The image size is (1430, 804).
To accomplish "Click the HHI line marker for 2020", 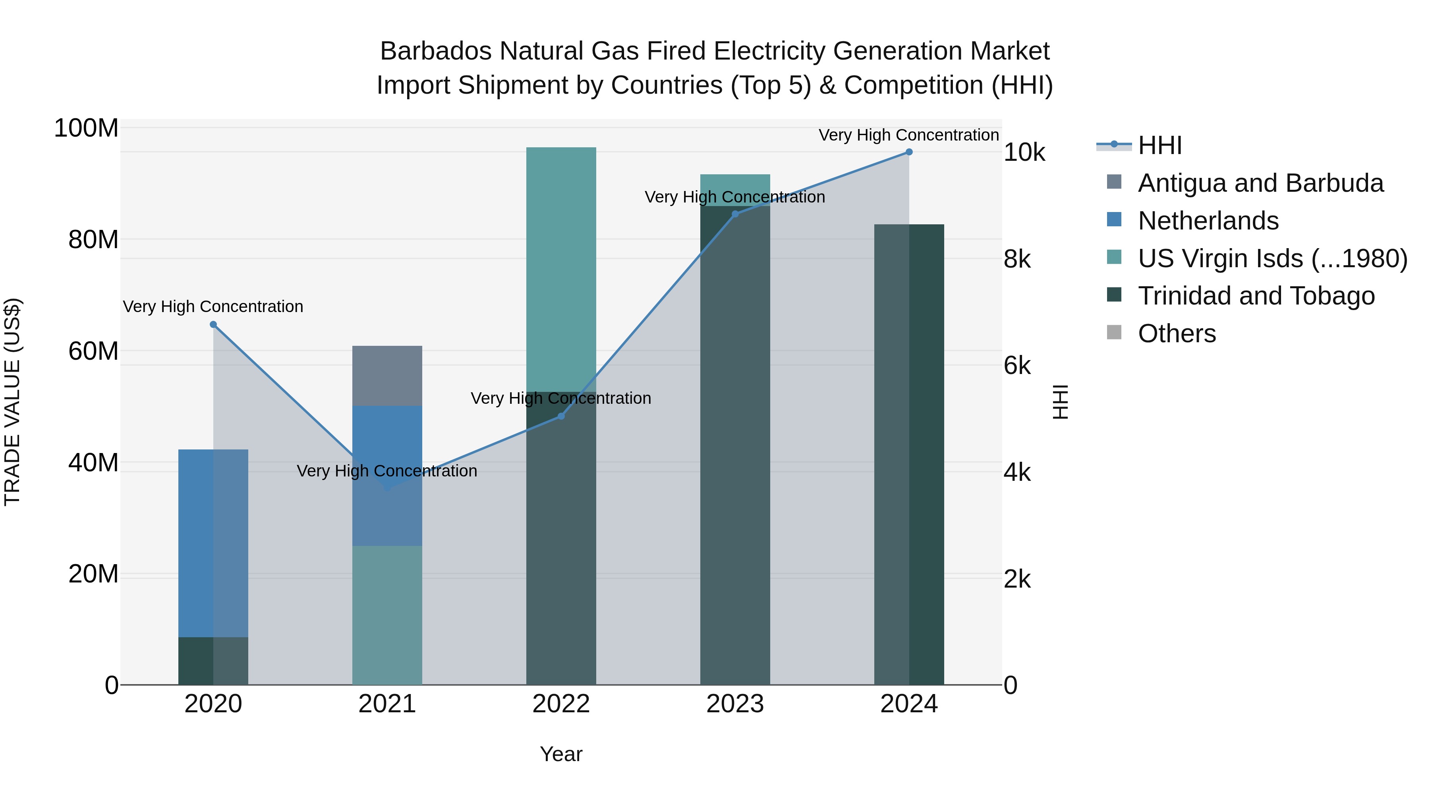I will (x=213, y=325).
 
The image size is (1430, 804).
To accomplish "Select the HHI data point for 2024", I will (x=909, y=152).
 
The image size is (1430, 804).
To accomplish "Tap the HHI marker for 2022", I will (x=560, y=416).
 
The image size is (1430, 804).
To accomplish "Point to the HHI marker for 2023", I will (x=735, y=214).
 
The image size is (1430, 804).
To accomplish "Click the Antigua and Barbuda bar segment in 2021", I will (x=387, y=376).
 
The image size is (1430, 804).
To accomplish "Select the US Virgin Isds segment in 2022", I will (x=560, y=269).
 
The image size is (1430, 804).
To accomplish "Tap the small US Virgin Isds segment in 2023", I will (x=735, y=183).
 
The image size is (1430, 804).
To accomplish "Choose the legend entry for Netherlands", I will (x=1208, y=221).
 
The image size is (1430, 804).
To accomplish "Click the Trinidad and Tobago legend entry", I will (x=1256, y=296).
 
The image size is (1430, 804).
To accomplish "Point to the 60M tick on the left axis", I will (x=93, y=351).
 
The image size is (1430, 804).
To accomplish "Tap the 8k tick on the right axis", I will (x=1017, y=259).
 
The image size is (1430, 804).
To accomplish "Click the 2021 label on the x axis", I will (x=387, y=704).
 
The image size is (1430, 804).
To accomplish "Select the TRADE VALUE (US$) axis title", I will (x=12, y=402).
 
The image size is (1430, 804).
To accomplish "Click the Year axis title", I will (x=560, y=754).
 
